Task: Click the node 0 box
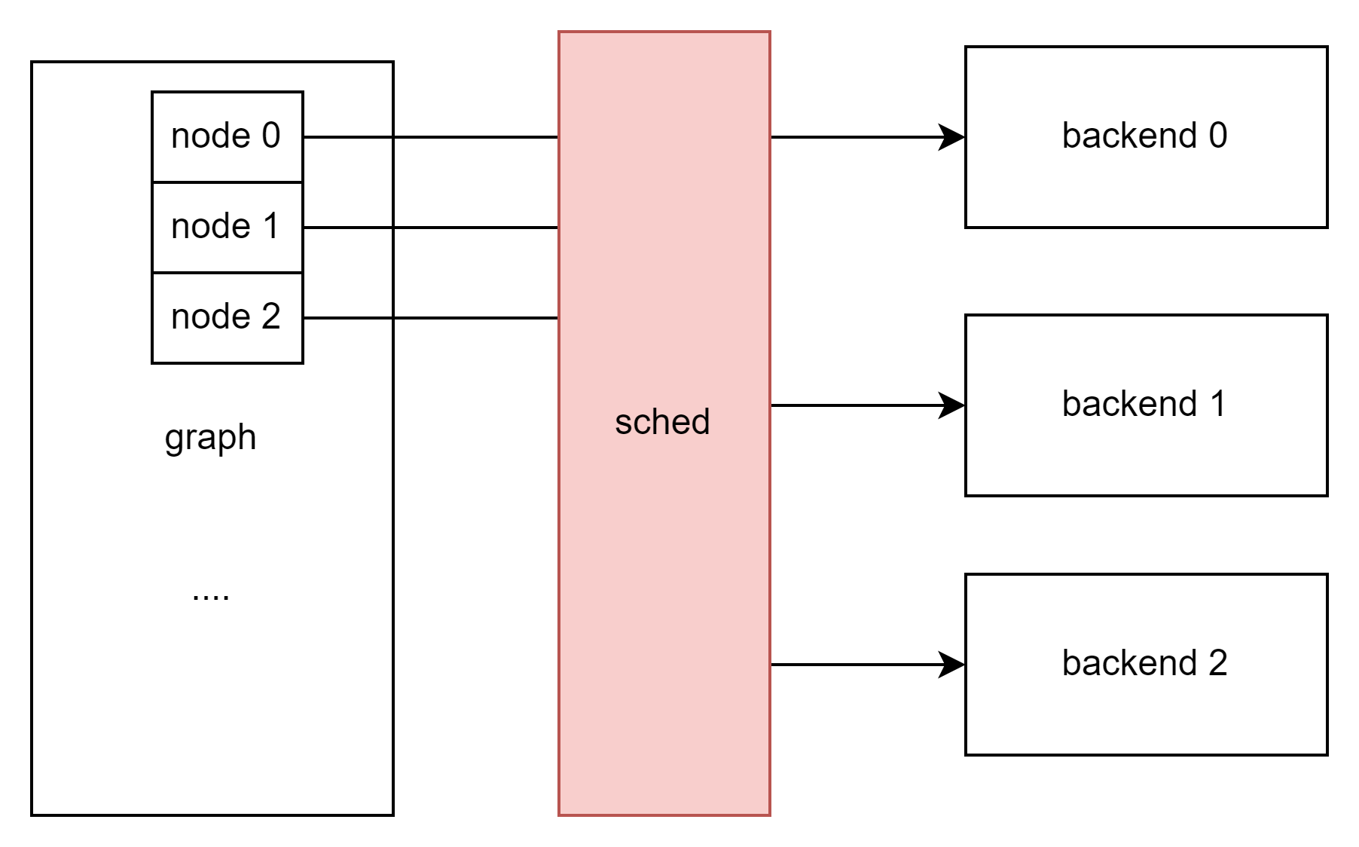[x=227, y=137]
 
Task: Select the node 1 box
[x=227, y=227]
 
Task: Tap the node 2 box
[x=227, y=318]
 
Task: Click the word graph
[x=210, y=437]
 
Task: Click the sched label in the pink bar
[x=662, y=422]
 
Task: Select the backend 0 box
[x=1146, y=137]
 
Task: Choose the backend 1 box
[x=1146, y=405]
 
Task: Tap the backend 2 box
[x=1146, y=665]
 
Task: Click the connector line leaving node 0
[x=347, y=137]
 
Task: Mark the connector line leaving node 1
[x=347, y=227]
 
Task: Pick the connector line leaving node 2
[x=347, y=318]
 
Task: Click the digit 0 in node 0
[x=271, y=136]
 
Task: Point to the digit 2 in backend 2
[x=1218, y=663]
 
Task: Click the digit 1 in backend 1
[x=1218, y=404]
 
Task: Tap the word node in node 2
[x=210, y=316]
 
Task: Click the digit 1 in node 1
[x=271, y=226]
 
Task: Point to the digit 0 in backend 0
[x=1218, y=136]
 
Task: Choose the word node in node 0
[x=210, y=136]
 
